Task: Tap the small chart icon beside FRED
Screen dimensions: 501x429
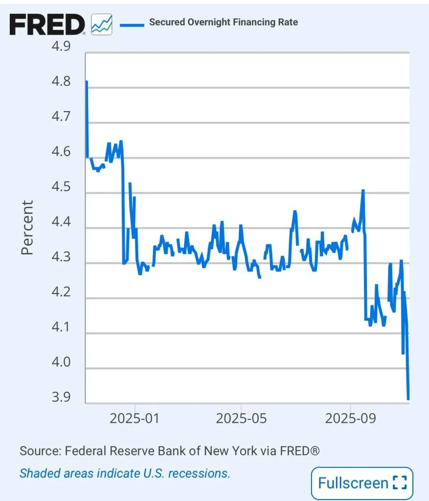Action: coord(102,24)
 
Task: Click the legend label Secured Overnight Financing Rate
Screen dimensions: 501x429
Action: coord(224,22)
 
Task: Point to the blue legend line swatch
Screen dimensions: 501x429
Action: coord(132,23)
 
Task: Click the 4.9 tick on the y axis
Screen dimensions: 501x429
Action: coord(61,46)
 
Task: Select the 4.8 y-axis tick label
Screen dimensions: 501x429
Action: coord(61,81)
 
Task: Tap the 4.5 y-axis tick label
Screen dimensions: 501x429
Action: coord(61,187)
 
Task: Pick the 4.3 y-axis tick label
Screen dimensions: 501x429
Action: coord(61,258)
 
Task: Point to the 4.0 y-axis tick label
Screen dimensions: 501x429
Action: coord(61,363)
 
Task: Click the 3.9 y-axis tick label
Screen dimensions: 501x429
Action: coord(61,397)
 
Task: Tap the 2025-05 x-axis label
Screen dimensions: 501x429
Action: coord(242,419)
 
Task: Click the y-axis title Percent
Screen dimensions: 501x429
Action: coord(27,227)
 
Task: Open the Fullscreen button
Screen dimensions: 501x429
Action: coord(362,483)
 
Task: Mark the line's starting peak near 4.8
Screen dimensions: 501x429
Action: coord(87,82)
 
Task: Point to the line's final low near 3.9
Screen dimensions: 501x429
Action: coord(408,398)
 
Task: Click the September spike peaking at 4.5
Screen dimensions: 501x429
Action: coord(363,191)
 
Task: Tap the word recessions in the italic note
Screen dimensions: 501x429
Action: coord(202,473)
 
